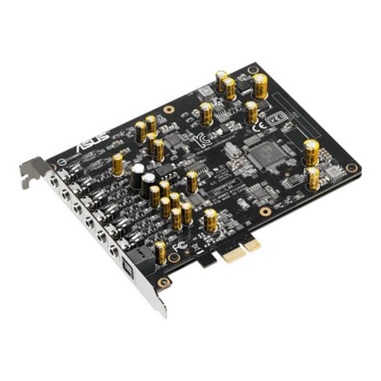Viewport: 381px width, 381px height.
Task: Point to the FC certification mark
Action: [x=177, y=245]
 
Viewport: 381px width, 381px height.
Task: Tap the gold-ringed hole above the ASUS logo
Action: [x=95, y=127]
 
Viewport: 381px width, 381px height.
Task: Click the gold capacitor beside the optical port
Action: [x=161, y=252]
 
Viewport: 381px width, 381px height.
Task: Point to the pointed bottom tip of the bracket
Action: [x=165, y=314]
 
